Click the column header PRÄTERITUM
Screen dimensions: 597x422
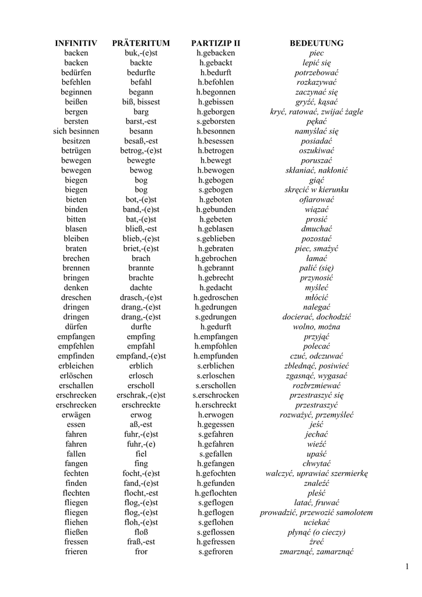point(141,43)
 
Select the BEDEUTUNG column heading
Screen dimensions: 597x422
point(316,43)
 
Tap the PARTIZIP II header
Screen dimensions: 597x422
point(216,43)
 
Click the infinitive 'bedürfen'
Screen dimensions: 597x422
point(76,72)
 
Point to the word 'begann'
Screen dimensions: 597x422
point(141,92)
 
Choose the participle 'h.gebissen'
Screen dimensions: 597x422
point(216,102)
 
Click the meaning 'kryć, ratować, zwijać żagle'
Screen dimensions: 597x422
point(316,111)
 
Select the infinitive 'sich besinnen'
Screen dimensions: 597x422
point(76,131)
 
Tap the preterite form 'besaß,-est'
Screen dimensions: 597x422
point(141,141)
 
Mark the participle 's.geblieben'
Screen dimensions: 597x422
point(216,239)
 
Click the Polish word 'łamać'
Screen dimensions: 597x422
point(316,258)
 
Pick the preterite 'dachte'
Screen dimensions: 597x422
point(141,288)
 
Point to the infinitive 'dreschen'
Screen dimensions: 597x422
point(76,297)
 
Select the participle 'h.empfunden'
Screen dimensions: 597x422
point(216,356)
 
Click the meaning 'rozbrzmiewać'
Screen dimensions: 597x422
point(316,385)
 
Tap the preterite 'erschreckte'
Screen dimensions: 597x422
point(141,405)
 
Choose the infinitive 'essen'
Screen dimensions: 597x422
point(76,424)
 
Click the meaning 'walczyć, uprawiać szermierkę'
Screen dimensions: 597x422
point(316,473)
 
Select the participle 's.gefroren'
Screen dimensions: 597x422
point(216,552)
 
